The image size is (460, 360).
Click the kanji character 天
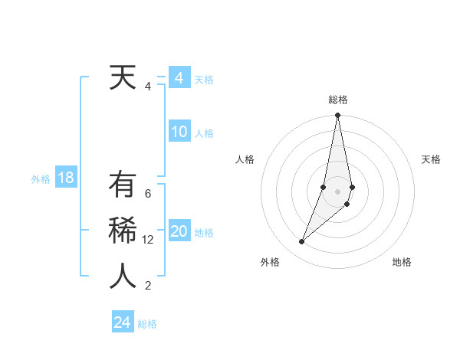123,77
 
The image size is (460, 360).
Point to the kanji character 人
123,277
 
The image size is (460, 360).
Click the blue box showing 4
179,78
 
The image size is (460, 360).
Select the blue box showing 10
179,132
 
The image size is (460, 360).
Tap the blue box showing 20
179,231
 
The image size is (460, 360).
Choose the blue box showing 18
65,178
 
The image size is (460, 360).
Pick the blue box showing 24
122,322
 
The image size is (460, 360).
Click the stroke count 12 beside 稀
148,240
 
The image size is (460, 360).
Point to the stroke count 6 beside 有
148,194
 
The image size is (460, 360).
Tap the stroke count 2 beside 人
148,286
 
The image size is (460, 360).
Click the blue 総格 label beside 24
147,324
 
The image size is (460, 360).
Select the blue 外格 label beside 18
41,179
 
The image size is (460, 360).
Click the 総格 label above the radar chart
338,100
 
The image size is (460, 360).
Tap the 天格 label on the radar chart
431,159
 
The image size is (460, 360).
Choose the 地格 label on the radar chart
402,262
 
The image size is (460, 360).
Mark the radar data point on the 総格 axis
337,116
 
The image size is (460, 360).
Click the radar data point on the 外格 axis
301,242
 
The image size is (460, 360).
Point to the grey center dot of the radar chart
337,191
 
